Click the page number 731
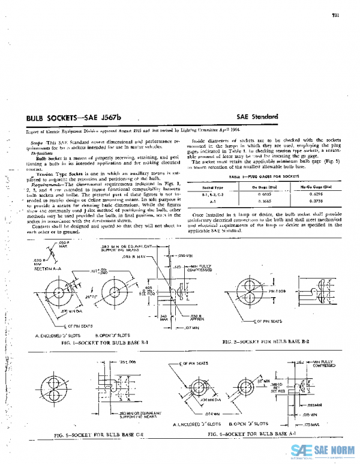pos(336,15)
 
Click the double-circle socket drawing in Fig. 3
pos(52,385)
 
